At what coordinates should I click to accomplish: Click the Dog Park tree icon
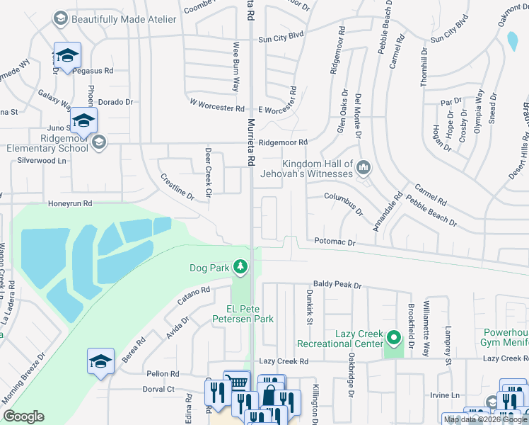coord(241,267)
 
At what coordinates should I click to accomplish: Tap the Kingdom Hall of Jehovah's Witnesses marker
coord(364,167)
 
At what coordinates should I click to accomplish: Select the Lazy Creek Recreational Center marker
coord(394,335)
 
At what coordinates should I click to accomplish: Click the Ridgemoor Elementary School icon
coord(99,142)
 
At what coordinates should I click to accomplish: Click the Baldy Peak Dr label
coord(337,285)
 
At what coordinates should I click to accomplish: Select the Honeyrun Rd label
coord(69,203)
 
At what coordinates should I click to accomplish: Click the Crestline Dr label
coord(177,187)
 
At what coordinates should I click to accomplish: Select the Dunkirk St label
coord(309,306)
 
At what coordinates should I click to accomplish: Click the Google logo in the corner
coord(23,416)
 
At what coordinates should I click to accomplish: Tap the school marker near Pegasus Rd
coord(67,55)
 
